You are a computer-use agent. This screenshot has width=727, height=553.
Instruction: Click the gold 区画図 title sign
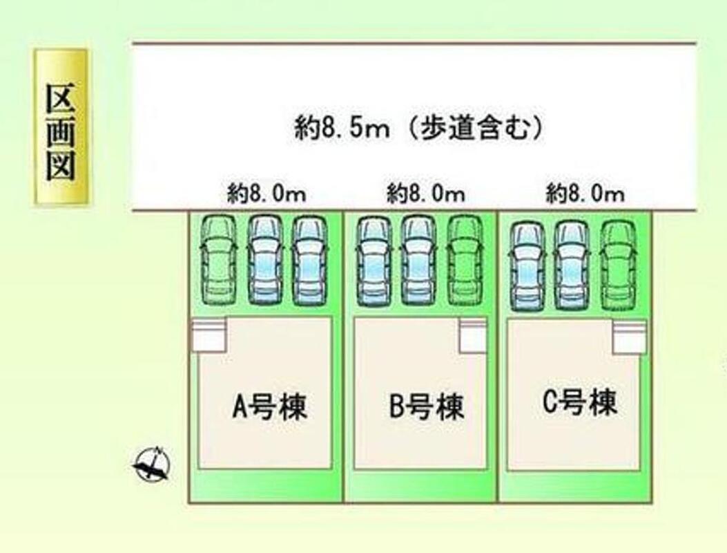[61, 127]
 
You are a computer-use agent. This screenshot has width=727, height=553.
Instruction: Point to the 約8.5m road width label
[418, 129]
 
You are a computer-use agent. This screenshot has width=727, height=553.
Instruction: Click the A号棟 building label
[269, 408]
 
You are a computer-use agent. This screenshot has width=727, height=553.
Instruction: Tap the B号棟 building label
[427, 408]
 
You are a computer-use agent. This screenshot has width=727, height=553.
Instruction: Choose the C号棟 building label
[579, 403]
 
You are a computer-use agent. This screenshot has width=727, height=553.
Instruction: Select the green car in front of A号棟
[217, 261]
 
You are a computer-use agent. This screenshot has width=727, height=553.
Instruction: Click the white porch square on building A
[209, 335]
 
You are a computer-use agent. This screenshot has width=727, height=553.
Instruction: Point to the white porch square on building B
[474, 335]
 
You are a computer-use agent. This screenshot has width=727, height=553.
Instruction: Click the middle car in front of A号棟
[264, 261]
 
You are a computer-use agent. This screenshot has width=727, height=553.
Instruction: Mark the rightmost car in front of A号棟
[309, 261]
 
